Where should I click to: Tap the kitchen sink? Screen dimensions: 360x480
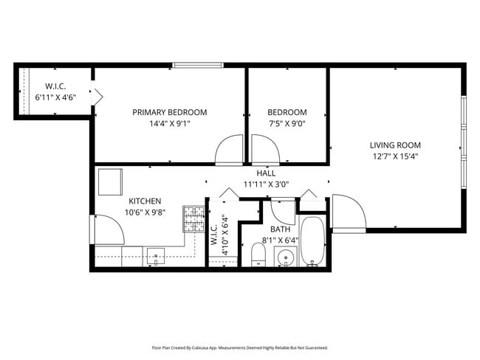157,257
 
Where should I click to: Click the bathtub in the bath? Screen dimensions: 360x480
312,241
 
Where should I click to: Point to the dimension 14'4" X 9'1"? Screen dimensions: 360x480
169,124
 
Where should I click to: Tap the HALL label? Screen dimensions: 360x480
266,173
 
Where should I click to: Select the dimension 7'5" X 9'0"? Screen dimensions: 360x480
287,124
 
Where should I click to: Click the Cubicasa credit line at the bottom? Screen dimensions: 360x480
239,347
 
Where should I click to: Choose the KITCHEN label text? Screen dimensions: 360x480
145,201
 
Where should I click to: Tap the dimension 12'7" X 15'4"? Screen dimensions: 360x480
395,156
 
